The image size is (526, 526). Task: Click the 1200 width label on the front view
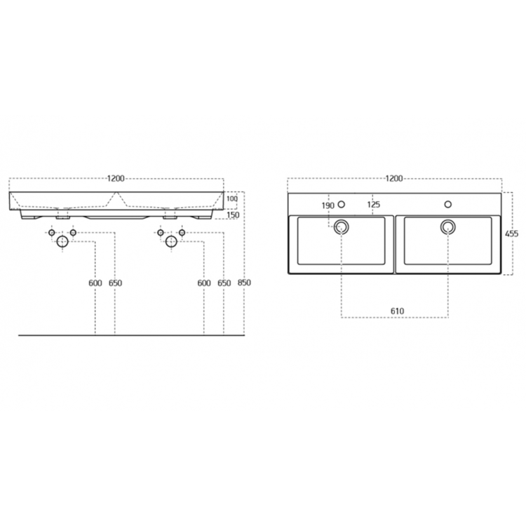116,178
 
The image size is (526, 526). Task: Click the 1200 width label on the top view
394,178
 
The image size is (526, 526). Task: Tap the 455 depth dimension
511,234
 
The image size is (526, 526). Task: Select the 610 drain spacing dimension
397,311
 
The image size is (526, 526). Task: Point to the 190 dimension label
328,205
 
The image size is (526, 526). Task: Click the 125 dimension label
373,204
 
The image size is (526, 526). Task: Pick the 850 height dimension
244,283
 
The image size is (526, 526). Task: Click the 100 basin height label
232,198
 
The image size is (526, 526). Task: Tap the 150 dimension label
233,215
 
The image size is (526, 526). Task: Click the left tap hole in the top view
341,204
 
